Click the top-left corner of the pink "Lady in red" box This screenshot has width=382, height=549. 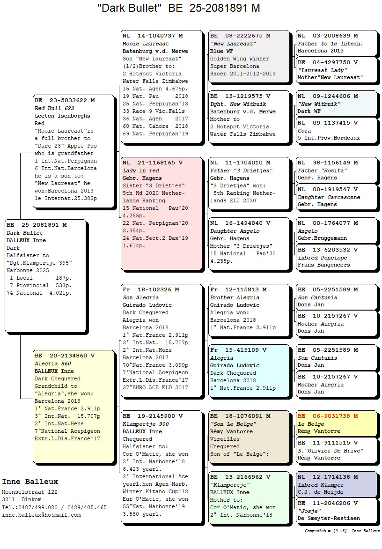pyautogui.click(x=121, y=157)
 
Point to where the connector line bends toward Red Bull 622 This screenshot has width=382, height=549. pyautogui.click(x=20, y=153)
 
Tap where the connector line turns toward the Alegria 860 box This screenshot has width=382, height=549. pyautogui.click(x=20, y=399)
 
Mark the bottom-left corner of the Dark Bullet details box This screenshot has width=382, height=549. pyautogui.click(x=5, y=331)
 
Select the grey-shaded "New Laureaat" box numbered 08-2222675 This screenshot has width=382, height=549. pyautogui.click(x=249, y=56)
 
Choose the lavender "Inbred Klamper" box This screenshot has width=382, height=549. pyautogui.click(x=337, y=484)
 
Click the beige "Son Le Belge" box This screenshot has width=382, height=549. pyautogui.click(x=249, y=437)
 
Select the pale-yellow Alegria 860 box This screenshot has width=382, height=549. pyautogui.click(x=74, y=406)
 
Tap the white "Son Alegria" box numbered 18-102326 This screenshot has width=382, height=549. pyautogui.click(x=162, y=340)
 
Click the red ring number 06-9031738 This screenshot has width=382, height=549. pyautogui.click(x=331, y=416)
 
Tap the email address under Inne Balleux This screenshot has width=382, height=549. pyautogui.click(x=41, y=515)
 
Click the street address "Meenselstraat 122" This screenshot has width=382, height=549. pyautogui.click(x=30, y=491)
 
